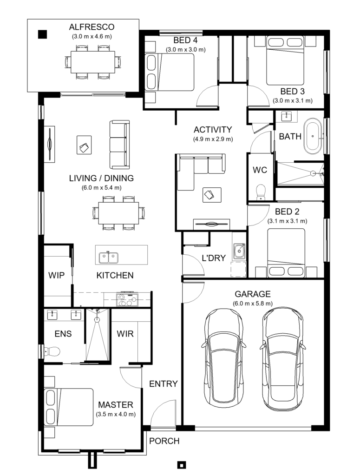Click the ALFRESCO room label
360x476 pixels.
[x=92, y=26]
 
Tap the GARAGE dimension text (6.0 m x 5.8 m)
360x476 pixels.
[x=253, y=304]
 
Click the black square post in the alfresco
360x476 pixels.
[x=42, y=34]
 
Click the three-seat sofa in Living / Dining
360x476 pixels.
[x=119, y=145]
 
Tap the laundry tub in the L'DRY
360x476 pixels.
[x=239, y=251]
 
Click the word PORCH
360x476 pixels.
[x=164, y=441]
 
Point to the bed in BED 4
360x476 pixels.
[x=169, y=72]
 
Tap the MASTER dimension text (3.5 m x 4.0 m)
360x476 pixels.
[x=115, y=414]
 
